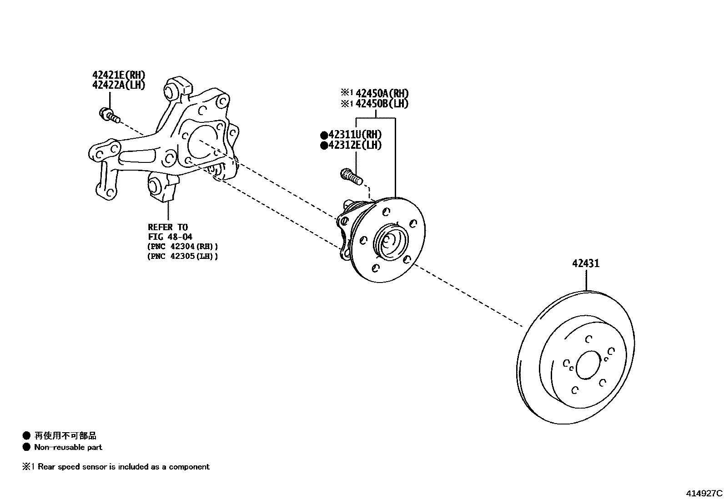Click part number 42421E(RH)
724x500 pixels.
click(118, 75)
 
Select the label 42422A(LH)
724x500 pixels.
click(118, 85)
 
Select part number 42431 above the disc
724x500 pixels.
click(586, 263)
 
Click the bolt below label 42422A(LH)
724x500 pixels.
click(109, 114)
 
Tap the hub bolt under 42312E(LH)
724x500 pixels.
click(351, 176)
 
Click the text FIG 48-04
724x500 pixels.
click(170, 237)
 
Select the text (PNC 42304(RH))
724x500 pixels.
click(183, 246)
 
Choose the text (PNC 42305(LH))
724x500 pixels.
click(183, 256)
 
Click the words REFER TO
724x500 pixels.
click(168, 227)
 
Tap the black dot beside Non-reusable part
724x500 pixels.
click(26, 447)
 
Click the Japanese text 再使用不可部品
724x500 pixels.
click(65, 436)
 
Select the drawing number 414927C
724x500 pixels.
click(704, 493)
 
